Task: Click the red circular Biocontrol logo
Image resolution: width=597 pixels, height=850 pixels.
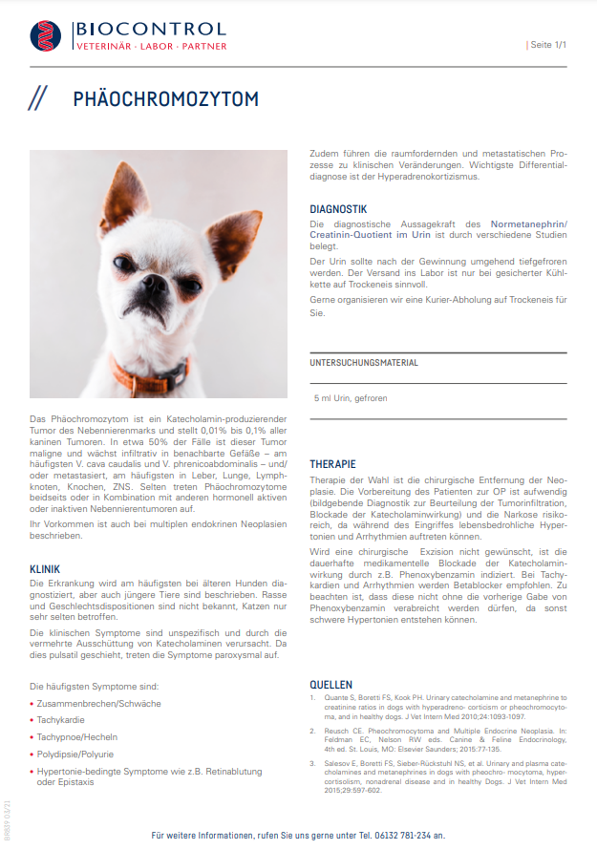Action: [x=44, y=36]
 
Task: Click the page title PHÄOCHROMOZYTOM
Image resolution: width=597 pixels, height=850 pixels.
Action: [x=165, y=99]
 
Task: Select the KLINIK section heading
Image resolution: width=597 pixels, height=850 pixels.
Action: [x=45, y=569]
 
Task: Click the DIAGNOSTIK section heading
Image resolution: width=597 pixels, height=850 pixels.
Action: [x=338, y=208]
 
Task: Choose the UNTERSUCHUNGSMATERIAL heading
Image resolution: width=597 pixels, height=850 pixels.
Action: [x=363, y=363]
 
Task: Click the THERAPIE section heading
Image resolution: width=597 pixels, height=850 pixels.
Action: [x=333, y=463]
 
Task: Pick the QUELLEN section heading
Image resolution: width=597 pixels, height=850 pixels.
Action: [x=330, y=685]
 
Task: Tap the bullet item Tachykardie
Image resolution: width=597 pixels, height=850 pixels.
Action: [x=61, y=720]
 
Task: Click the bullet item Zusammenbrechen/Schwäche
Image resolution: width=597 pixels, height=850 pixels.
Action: [x=98, y=703]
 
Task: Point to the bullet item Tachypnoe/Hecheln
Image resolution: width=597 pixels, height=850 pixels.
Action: [x=75, y=736]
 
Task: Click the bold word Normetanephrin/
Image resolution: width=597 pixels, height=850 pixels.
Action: [x=525, y=223]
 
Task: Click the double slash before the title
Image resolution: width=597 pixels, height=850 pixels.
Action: [x=37, y=99]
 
